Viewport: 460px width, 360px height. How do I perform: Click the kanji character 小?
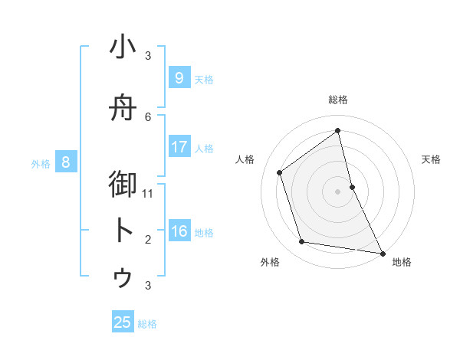click(x=123, y=47)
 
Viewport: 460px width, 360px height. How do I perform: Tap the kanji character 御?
click(x=123, y=185)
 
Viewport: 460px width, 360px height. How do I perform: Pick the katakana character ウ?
click(x=123, y=277)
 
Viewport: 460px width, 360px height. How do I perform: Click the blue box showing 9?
click(x=179, y=78)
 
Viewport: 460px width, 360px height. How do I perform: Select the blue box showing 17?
click(x=179, y=147)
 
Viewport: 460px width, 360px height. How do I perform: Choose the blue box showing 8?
click(x=66, y=162)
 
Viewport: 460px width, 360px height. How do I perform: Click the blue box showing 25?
click(x=123, y=322)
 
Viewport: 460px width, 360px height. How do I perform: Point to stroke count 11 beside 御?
click(x=148, y=193)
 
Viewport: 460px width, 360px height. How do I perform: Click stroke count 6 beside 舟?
click(x=148, y=116)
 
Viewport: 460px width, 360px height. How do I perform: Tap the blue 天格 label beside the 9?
click(x=204, y=79)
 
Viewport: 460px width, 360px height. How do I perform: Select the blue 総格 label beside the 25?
click(x=148, y=324)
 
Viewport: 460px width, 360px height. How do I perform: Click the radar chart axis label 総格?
click(x=338, y=100)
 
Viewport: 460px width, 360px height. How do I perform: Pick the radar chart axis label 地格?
click(x=402, y=262)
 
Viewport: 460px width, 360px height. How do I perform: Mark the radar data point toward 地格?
click(x=382, y=253)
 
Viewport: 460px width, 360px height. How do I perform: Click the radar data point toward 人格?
click(x=280, y=172)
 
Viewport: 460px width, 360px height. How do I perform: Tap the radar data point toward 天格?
click(x=352, y=186)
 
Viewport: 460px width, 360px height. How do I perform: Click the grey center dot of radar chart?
click(x=337, y=191)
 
